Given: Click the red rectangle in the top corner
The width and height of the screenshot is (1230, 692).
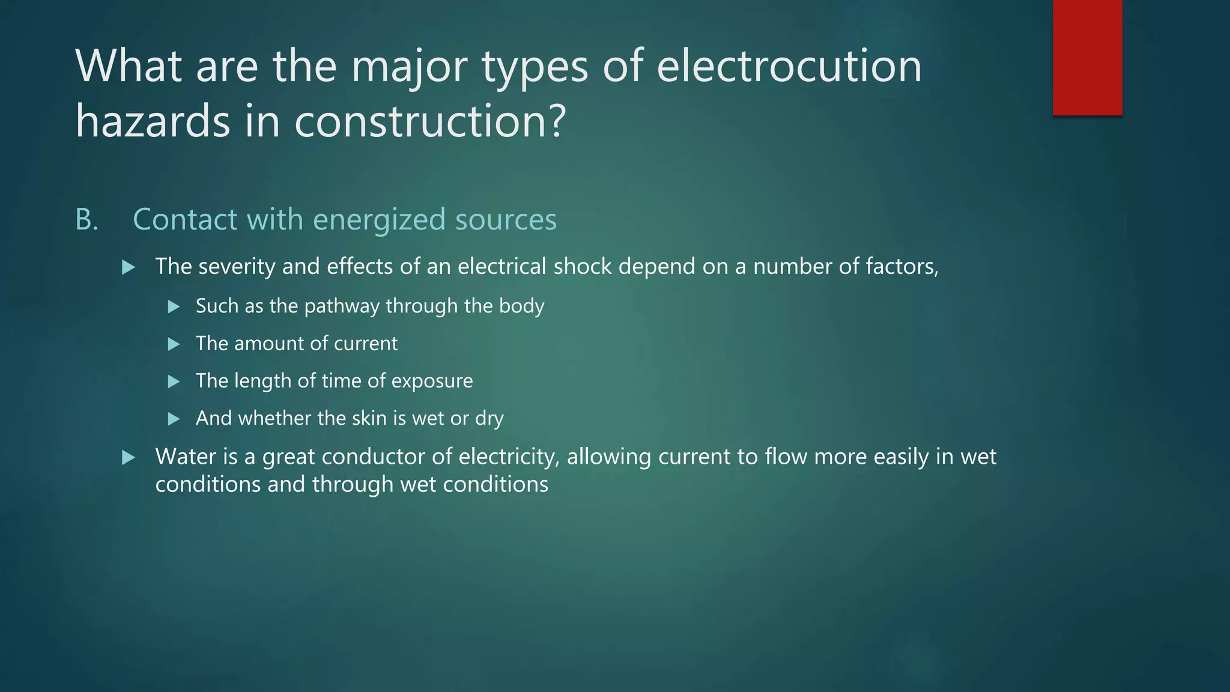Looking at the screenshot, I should (x=1087, y=58).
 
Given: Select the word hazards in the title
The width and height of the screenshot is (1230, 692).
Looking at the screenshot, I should (x=153, y=120).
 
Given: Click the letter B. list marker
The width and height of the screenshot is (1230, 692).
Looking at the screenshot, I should (x=86, y=220).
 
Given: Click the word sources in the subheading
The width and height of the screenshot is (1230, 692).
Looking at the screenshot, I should (x=506, y=220).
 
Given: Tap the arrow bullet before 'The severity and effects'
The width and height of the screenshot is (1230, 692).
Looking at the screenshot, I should (x=128, y=267).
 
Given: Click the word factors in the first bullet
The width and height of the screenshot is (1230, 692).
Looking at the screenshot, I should (x=901, y=266).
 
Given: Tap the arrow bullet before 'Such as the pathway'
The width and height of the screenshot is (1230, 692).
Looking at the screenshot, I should (x=174, y=307).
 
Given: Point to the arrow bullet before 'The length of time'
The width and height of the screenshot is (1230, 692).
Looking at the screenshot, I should (x=174, y=381).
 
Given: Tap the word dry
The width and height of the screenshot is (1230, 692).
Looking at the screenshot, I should (x=489, y=419).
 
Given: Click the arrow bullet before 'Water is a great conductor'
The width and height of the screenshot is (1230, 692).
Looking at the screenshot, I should (x=128, y=458).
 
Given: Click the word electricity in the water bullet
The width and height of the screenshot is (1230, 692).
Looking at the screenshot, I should (x=509, y=457).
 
